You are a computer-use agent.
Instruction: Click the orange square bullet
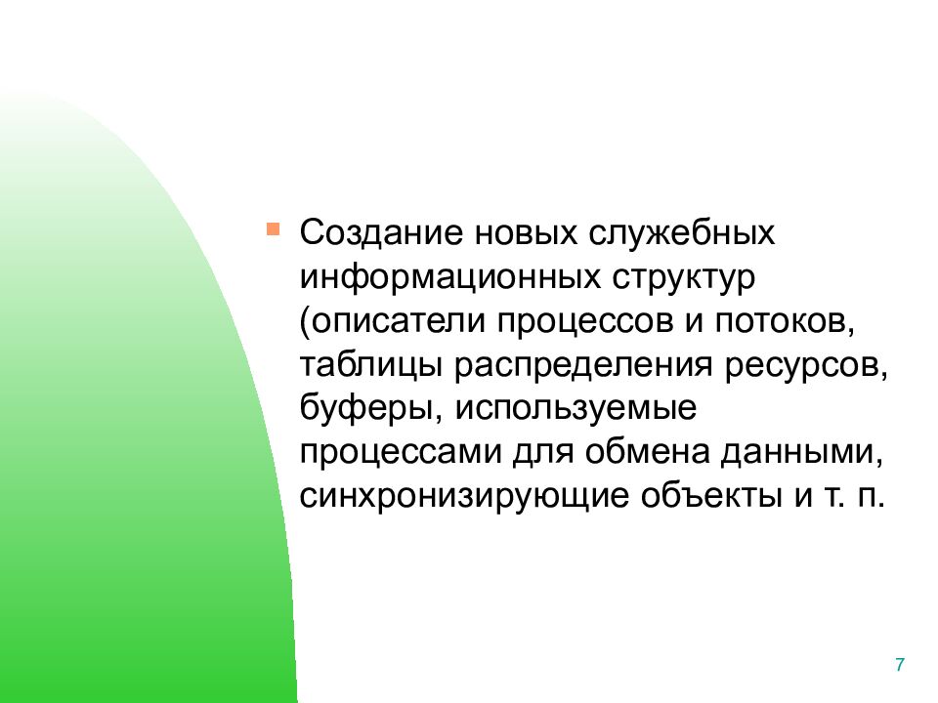coord(273,229)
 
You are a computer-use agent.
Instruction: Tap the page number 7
coord(900,665)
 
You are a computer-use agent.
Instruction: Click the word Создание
coord(381,232)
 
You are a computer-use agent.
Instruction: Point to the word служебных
coord(681,232)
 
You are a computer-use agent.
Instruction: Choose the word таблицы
coord(371,364)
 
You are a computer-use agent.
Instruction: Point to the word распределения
coord(583,366)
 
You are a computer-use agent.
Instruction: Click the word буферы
coord(365,408)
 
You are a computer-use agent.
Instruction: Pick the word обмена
coord(647,451)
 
